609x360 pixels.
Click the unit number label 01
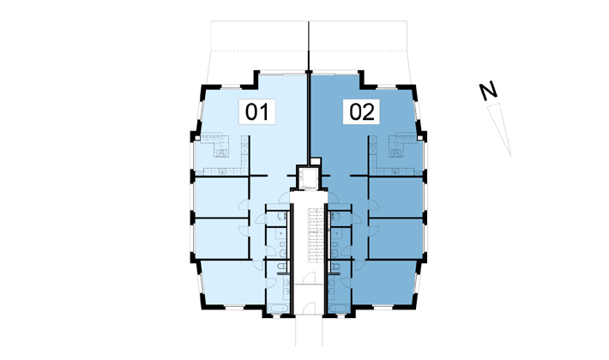[256, 111]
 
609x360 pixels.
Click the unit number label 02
[362, 111]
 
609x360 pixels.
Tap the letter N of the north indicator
[488, 91]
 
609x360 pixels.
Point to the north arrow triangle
[501, 128]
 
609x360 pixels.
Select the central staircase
[316, 236]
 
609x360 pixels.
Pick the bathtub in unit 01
[278, 309]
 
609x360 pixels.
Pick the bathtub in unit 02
[339, 309]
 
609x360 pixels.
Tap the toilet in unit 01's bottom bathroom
[282, 267]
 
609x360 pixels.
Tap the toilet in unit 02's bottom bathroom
[335, 267]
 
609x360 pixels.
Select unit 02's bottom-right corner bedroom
[385, 282]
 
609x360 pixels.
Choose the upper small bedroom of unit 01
[221, 197]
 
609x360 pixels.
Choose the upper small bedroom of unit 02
[396, 197]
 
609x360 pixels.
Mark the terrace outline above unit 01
[259, 46]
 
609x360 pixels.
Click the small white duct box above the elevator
[316, 161]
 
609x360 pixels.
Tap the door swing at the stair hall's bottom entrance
[309, 308]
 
